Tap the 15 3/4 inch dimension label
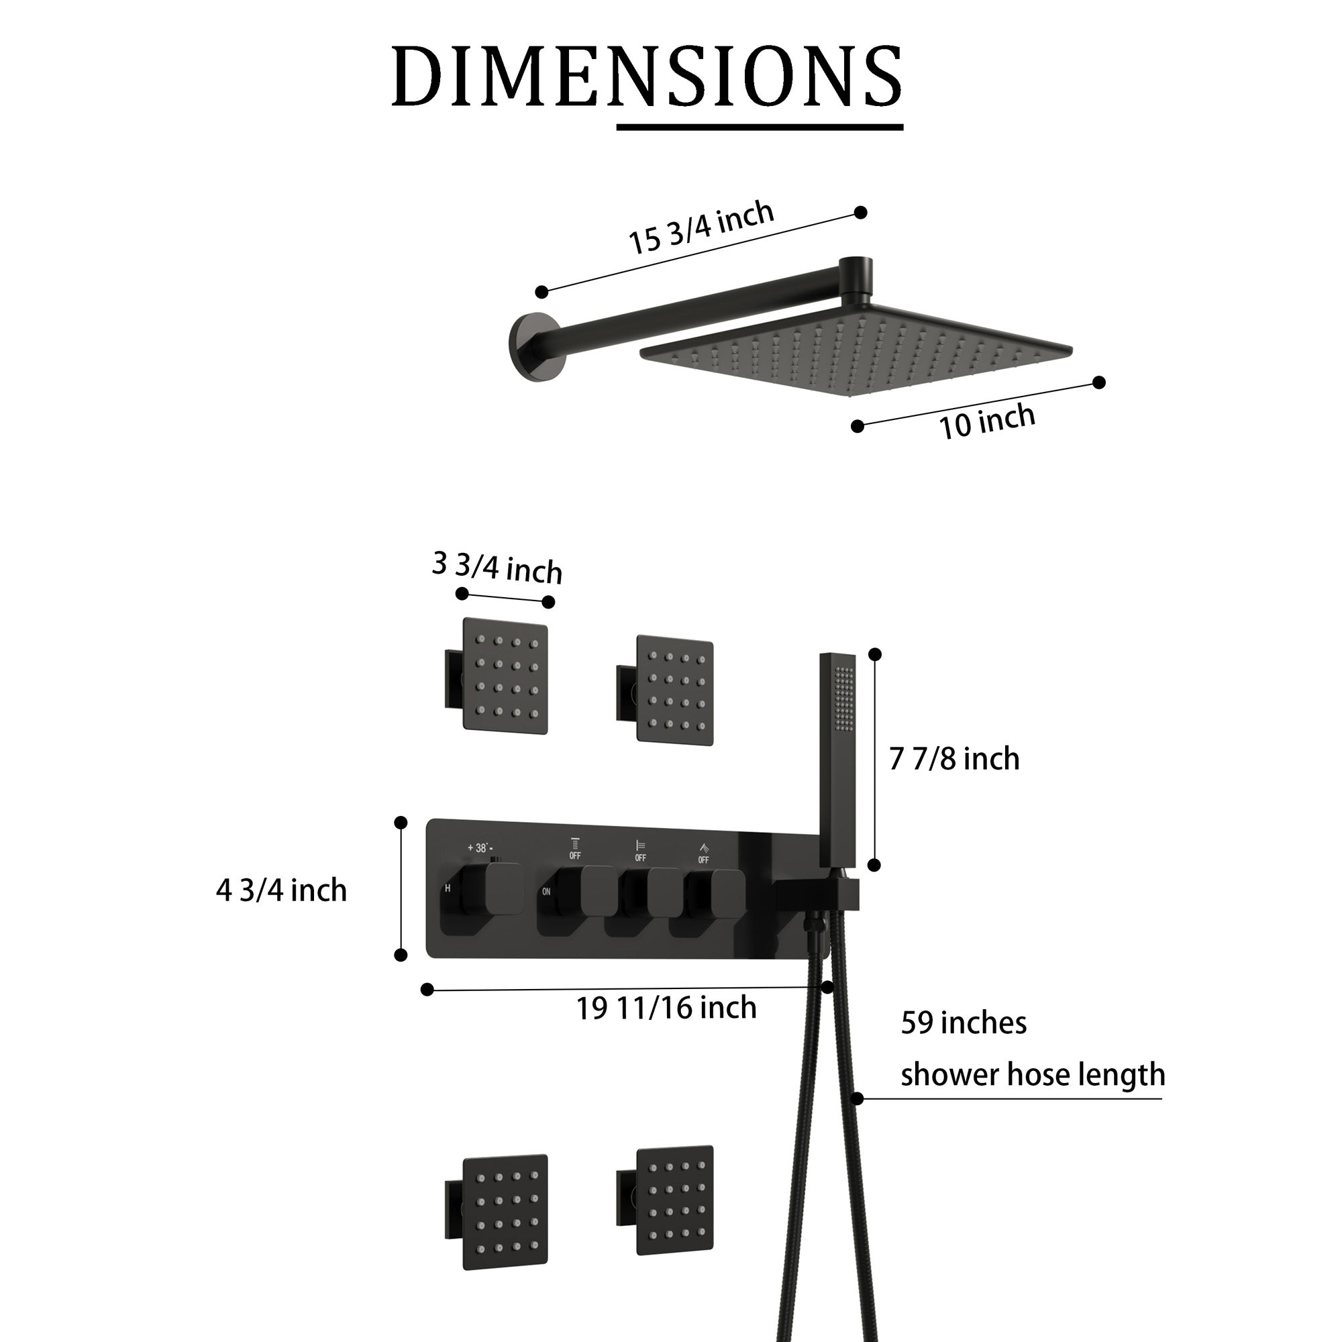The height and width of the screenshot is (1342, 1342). coord(702,227)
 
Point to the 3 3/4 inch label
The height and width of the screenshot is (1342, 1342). coord(497,568)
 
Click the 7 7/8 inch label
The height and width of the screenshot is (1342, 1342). coord(954,759)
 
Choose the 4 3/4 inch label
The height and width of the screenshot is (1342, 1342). coord(281,890)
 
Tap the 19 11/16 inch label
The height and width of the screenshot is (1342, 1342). coord(666,1008)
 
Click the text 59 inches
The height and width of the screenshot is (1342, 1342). coord(964,1023)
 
